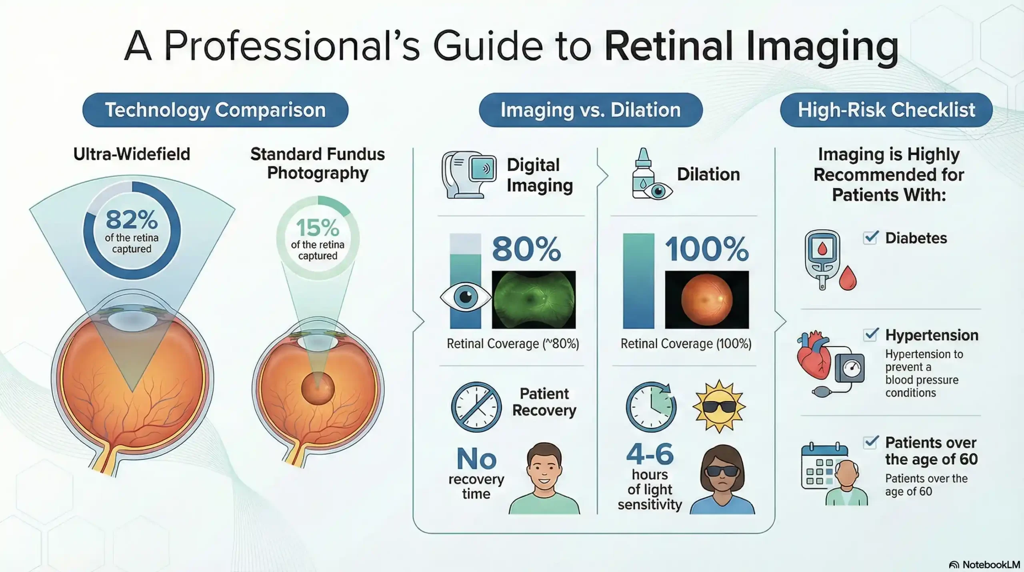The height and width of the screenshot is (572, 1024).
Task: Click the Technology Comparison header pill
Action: coord(215,110)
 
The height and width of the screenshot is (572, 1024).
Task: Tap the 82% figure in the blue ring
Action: coord(132,220)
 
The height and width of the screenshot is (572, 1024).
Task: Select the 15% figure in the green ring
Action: coord(318,228)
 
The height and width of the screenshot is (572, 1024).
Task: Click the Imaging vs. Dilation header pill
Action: coord(590,110)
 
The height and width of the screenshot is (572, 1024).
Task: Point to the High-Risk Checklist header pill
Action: coord(886,110)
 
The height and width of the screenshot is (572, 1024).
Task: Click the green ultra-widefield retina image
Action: coord(534,299)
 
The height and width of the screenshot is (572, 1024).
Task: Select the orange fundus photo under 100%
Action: coord(707,299)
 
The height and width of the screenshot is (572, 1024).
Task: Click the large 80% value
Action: coord(526,249)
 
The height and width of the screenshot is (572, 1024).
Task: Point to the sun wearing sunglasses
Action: coord(719,406)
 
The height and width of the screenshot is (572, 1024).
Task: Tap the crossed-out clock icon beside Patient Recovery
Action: coord(476,407)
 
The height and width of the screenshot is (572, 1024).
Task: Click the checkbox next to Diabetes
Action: coord(870,238)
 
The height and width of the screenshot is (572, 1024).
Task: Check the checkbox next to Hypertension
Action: coord(870,334)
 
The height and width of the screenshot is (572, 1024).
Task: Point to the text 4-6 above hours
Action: coord(650,455)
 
